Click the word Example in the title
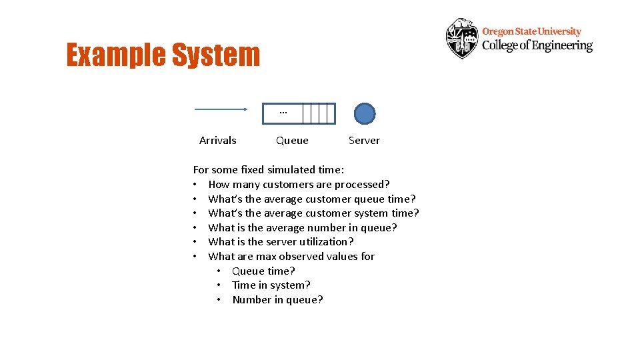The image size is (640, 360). pos(115,55)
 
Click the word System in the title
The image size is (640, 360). pos(215,55)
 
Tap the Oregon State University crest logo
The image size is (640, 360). pos(462,39)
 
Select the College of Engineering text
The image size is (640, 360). pos(537,45)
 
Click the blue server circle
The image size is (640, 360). pos(364,114)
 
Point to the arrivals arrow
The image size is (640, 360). pos(221,109)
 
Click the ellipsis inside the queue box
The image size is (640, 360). pos(283,113)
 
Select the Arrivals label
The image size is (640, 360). pos(218,141)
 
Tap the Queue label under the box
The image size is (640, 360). pos(292,141)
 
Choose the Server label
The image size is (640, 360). pos(364,141)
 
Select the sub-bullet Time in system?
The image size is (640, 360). pos(271,285)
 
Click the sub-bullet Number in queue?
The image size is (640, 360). pos(277,300)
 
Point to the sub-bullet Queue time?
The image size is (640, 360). pos(263,271)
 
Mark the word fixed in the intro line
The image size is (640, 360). pos(252,170)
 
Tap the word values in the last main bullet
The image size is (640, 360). pos(344,257)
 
